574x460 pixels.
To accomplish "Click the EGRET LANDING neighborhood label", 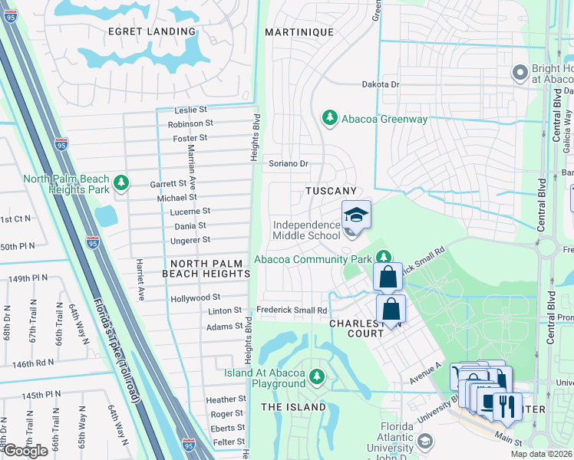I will click(x=152, y=31).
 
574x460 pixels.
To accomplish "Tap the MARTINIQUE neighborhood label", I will click(x=299, y=32).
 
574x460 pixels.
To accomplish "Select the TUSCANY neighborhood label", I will click(x=332, y=191).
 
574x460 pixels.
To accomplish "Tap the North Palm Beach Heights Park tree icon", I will click(x=120, y=182).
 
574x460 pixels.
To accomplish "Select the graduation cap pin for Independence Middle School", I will click(x=356, y=215).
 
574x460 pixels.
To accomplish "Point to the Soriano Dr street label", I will click(x=288, y=163).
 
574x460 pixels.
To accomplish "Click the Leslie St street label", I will click(x=191, y=110).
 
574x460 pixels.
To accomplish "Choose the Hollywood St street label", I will click(x=195, y=297).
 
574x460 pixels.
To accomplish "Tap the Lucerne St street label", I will click(x=190, y=211).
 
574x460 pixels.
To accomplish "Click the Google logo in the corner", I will click(x=25, y=451).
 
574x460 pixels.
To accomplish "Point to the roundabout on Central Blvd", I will click(x=546, y=247).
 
